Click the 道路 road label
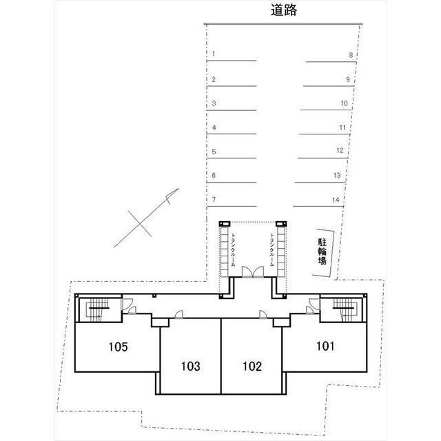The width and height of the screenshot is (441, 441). [x=284, y=11]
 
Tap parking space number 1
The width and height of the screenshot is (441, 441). [x=214, y=54]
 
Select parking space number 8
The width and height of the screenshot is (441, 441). [x=350, y=54]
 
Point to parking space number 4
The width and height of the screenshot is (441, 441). [x=214, y=127]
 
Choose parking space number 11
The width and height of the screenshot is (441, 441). [x=342, y=127]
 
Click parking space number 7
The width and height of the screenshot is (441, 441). [x=214, y=200]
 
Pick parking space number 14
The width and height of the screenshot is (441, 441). [x=336, y=200]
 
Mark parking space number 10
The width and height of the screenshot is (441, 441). [x=344, y=103]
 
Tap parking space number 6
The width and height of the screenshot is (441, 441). [x=214, y=176]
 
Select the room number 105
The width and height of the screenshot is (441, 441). [x=119, y=347]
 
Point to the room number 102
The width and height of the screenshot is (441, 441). [x=252, y=366]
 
